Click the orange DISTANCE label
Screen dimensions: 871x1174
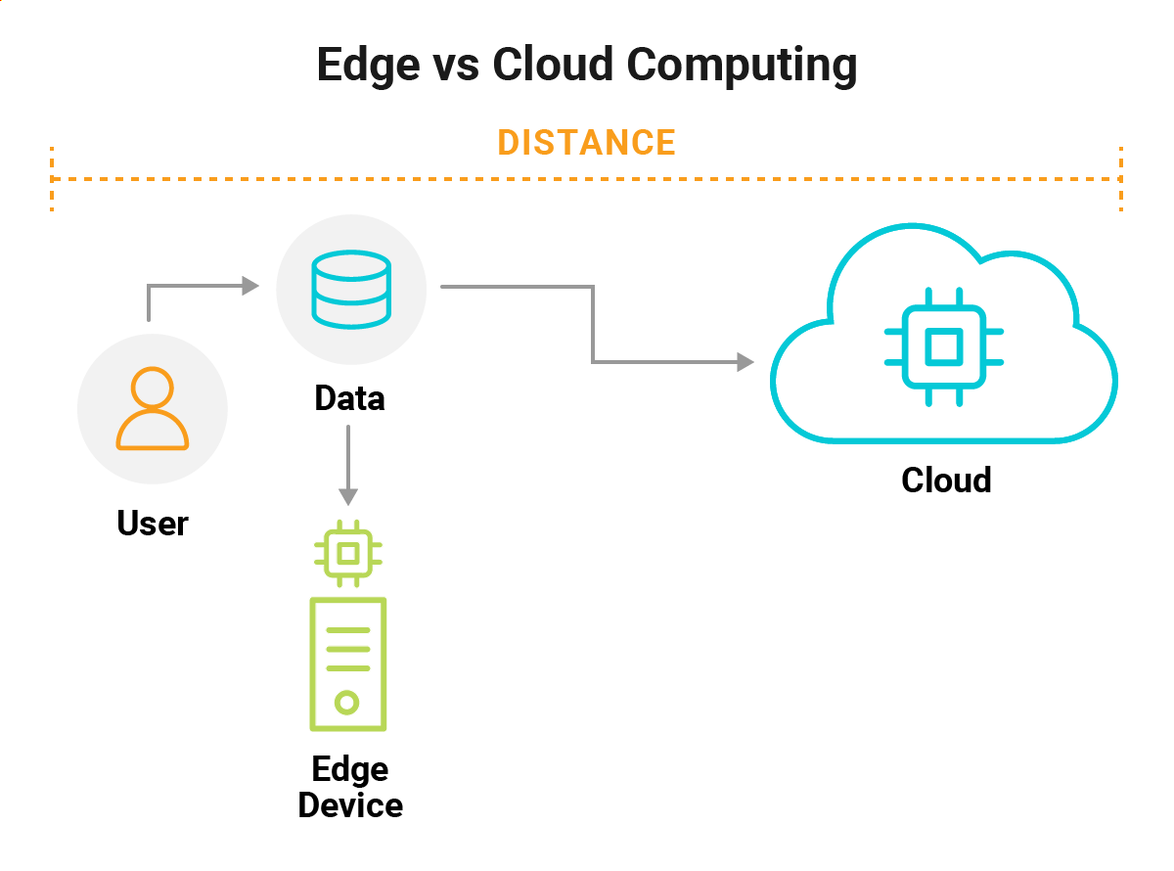coord(586,143)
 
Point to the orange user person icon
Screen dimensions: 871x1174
coord(153,409)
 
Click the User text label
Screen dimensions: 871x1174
coord(153,523)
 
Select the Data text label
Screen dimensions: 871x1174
coord(349,398)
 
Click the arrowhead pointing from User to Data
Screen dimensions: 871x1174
coord(251,286)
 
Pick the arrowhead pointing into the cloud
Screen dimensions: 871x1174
coord(746,362)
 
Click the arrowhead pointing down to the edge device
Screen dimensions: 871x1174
coord(348,497)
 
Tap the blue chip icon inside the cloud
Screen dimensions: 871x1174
coord(943,346)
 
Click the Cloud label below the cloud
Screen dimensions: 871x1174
coord(946,480)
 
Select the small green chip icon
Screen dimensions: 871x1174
coord(347,554)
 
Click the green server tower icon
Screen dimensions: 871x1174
coord(347,664)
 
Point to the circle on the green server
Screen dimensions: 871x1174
coord(347,702)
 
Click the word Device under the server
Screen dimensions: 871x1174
coord(350,805)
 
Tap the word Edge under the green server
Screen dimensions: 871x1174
coord(350,769)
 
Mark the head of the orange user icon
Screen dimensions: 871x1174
coord(153,388)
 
